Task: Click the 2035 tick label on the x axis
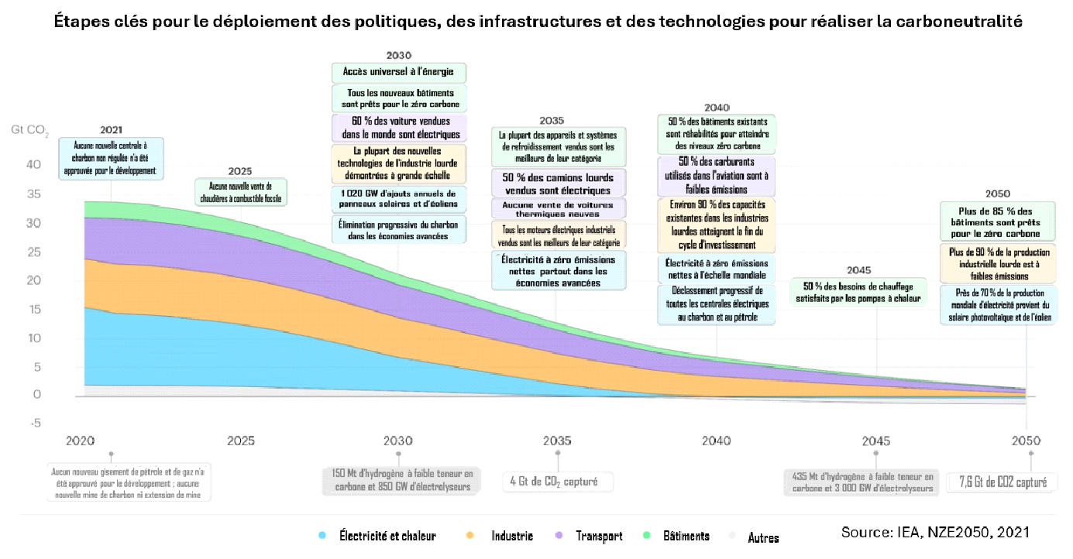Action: [557, 441]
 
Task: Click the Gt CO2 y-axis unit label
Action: [30, 129]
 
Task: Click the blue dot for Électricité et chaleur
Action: [322, 536]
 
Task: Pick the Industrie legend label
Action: [511, 536]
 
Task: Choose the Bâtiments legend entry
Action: [686, 536]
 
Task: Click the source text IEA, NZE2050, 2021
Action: [936, 533]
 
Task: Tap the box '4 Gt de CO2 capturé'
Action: [559, 482]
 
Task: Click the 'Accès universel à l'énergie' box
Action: [399, 73]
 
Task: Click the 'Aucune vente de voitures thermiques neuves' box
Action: [559, 208]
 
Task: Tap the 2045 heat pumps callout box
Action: [858, 292]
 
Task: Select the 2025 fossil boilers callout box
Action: [239, 192]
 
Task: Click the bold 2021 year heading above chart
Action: [111, 130]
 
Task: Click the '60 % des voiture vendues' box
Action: [399, 127]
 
